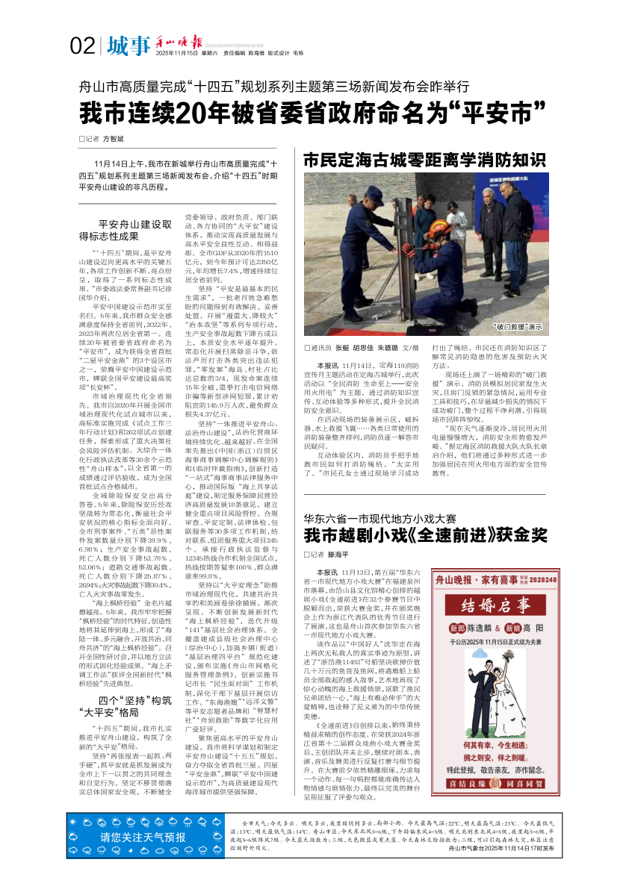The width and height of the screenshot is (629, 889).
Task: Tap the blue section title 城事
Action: [x=127, y=47]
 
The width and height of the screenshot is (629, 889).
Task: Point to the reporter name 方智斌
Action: [x=113, y=139]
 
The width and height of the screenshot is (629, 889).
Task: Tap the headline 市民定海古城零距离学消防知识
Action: [x=424, y=160]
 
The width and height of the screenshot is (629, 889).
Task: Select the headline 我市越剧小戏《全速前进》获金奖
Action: [x=425, y=534]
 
